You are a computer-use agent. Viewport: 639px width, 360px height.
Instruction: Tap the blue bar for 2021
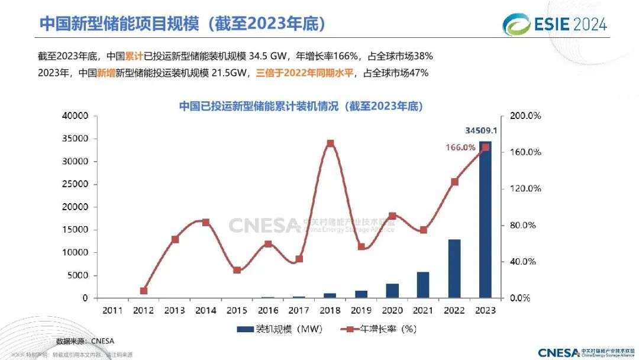(423, 285)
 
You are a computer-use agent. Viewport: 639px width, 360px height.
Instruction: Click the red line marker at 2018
(330, 143)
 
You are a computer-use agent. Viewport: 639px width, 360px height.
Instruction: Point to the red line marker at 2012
(144, 291)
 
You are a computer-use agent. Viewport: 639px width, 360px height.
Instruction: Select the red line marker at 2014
(206, 222)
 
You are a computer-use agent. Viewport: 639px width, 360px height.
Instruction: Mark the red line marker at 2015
(237, 270)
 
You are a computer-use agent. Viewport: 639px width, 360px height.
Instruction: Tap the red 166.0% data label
(460, 147)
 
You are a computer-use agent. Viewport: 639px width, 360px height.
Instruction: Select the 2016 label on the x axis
(267, 310)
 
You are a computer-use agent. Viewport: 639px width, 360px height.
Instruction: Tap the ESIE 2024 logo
(554, 24)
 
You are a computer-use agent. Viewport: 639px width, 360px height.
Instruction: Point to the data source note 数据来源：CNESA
(85, 341)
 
